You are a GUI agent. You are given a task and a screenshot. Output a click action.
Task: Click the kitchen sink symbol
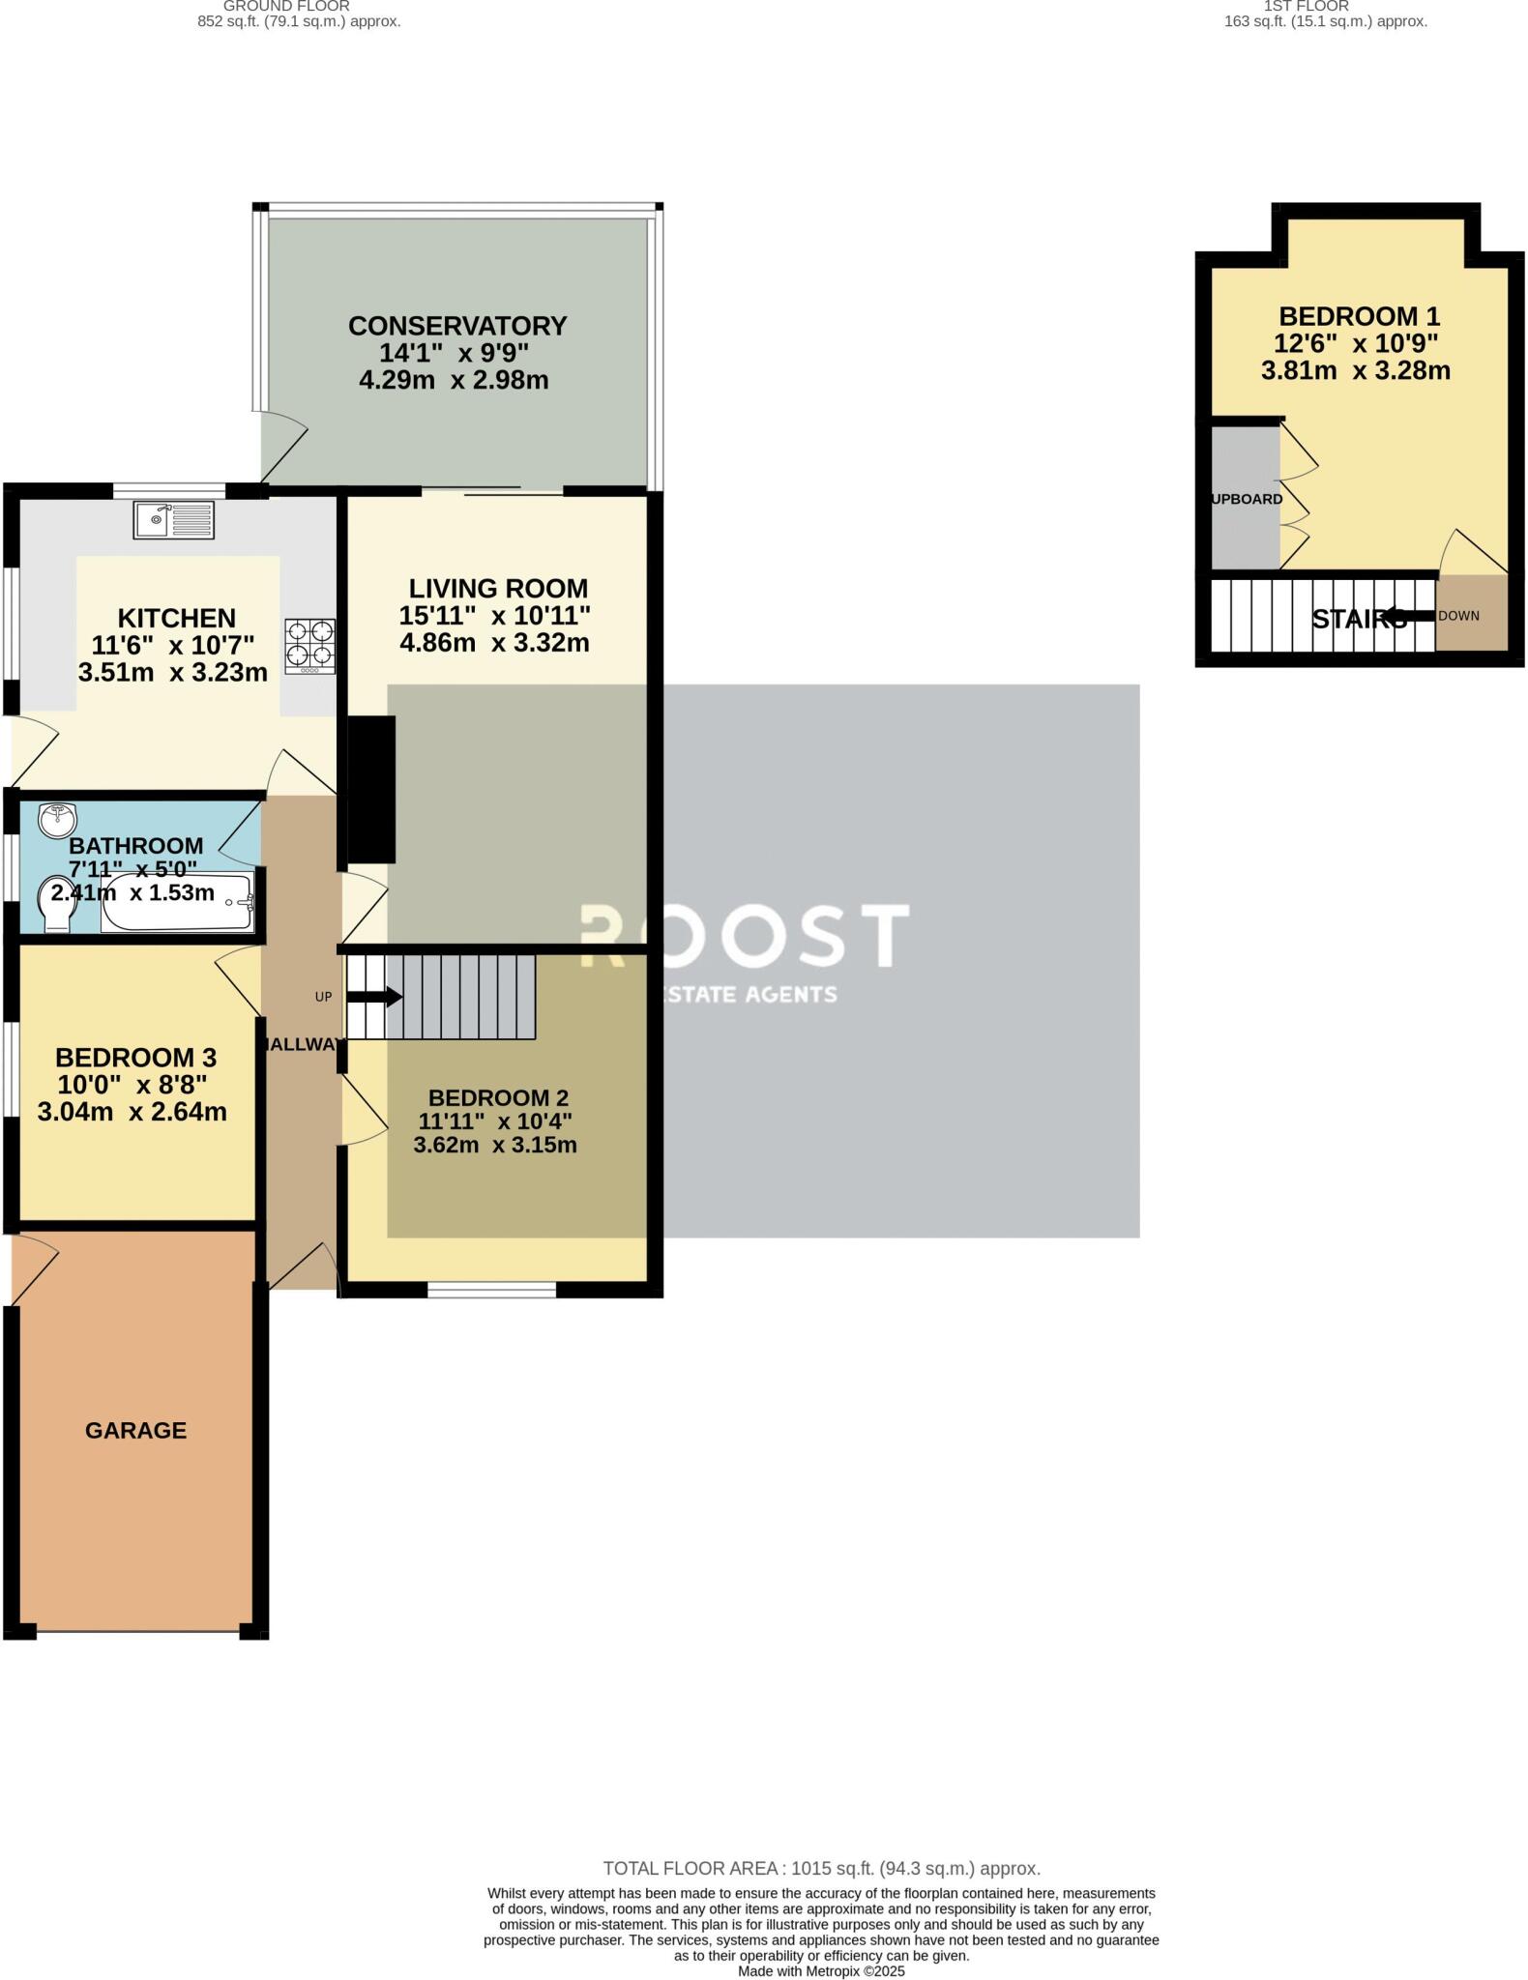174,521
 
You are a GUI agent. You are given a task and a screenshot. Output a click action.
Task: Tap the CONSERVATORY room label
457,326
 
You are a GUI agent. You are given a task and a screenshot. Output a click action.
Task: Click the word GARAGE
135,1430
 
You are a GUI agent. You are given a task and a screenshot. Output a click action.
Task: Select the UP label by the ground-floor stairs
323,997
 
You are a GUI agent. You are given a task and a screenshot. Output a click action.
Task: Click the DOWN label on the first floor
1458,616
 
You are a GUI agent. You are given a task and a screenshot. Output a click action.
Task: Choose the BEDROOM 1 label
1359,316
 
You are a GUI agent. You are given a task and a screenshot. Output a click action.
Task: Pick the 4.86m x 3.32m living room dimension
494,643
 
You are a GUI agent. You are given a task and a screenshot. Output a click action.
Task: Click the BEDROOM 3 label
135,1058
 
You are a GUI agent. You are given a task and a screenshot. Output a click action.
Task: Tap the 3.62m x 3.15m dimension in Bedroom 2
495,1146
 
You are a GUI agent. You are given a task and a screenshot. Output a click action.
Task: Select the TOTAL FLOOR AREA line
821,1869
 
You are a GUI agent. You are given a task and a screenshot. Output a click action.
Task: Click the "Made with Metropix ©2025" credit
821,1971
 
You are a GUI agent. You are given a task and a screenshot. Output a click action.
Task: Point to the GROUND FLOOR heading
286,6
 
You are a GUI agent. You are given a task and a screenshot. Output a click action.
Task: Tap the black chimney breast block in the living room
371,789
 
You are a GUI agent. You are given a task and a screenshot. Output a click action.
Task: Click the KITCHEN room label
177,618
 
